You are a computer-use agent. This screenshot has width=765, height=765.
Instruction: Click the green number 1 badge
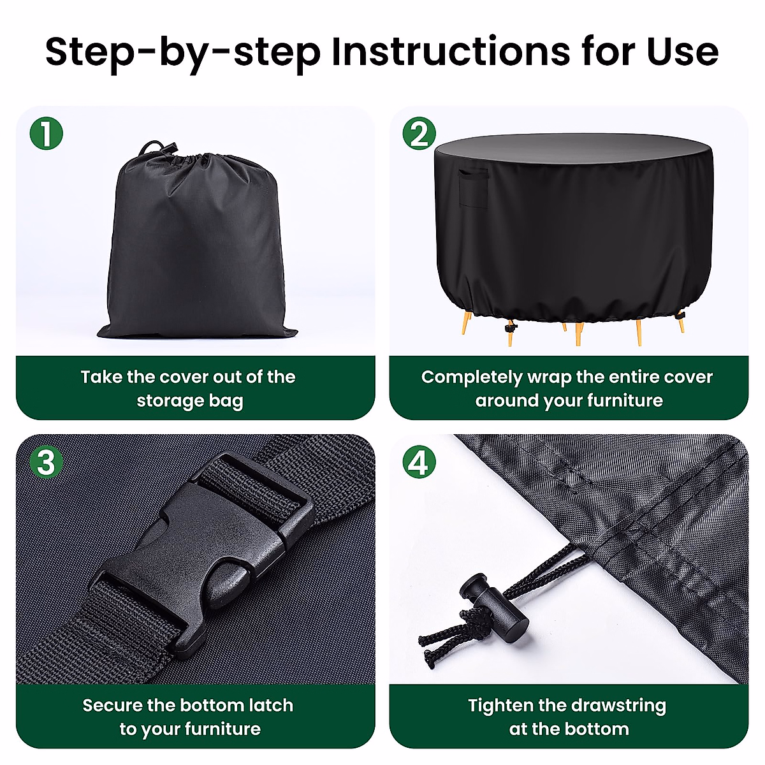(x=47, y=133)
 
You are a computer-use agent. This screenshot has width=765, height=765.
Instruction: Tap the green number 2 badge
(x=419, y=133)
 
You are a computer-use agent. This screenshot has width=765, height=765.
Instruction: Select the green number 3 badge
(x=47, y=462)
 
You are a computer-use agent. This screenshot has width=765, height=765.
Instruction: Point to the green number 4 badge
(x=419, y=462)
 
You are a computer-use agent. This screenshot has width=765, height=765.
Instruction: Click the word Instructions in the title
(x=451, y=52)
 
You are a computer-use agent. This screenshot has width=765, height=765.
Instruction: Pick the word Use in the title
(x=682, y=52)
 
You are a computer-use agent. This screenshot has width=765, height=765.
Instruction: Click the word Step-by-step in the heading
(x=183, y=54)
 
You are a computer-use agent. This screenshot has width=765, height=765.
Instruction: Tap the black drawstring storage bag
(x=197, y=242)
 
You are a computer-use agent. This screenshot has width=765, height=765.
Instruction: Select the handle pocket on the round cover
(x=474, y=189)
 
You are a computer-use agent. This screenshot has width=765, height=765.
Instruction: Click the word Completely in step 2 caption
(x=471, y=377)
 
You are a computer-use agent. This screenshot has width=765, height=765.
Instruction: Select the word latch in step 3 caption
(x=271, y=706)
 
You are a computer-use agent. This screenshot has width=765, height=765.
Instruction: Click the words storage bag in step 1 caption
(x=190, y=402)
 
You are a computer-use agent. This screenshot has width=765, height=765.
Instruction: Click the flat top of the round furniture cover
(x=574, y=148)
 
